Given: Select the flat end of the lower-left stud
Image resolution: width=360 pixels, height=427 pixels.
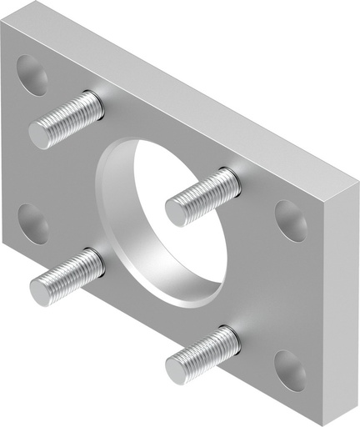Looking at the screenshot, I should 42,290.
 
